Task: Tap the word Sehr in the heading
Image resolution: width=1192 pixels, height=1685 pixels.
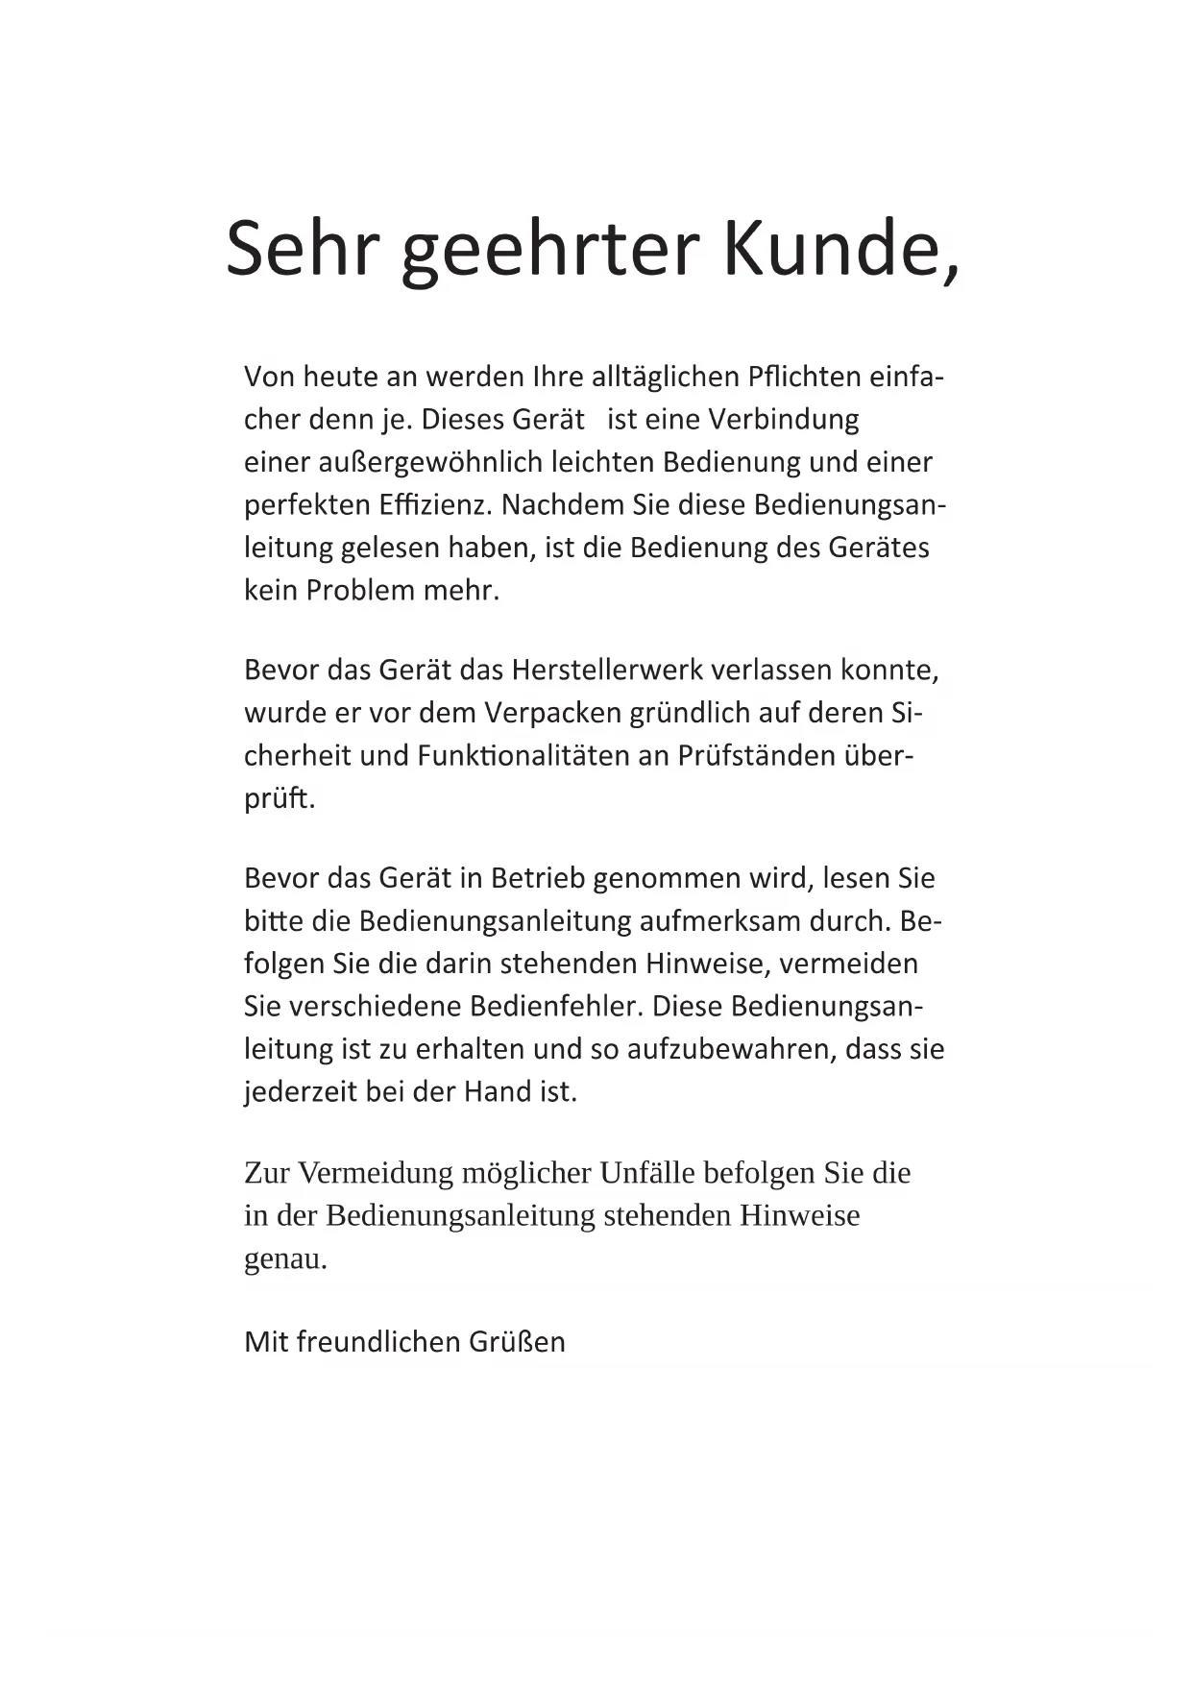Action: [x=298, y=248]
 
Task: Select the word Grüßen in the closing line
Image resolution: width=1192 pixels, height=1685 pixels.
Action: [x=517, y=1342]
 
